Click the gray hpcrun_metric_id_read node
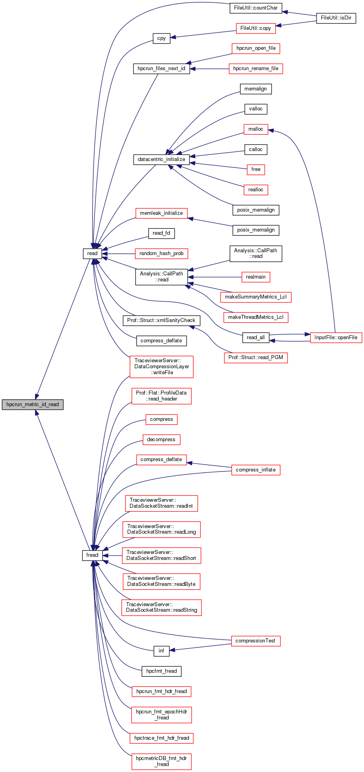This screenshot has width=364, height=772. click(x=33, y=404)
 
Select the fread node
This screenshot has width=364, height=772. click(x=92, y=555)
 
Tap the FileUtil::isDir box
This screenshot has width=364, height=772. click(x=336, y=18)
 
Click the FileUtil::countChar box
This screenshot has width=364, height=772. click(x=256, y=8)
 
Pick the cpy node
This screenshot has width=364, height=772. click(x=161, y=38)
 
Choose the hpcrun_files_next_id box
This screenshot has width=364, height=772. click(x=161, y=69)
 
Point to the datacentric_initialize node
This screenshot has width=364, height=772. click(x=161, y=159)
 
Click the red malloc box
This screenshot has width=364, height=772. click(x=256, y=129)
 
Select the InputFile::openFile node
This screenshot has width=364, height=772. click(x=336, y=338)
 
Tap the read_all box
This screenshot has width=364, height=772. click(x=256, y=338)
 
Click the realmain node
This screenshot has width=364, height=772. click(x=256, y=277)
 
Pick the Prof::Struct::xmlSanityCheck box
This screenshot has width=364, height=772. click(x=161, y=320)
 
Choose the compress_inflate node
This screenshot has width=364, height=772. click(x=256, y=470)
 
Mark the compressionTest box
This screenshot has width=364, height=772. click(x=256, y=641)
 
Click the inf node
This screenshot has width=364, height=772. click(x=161, y=651)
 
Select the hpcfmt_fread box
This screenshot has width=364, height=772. click(x=161, y=671)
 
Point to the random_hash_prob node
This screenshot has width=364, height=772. click(x=161, y=253)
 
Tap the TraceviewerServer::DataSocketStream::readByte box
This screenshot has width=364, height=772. click(x=161, y=581)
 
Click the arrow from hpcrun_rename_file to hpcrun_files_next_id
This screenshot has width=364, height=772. click(x=210, y=69)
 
